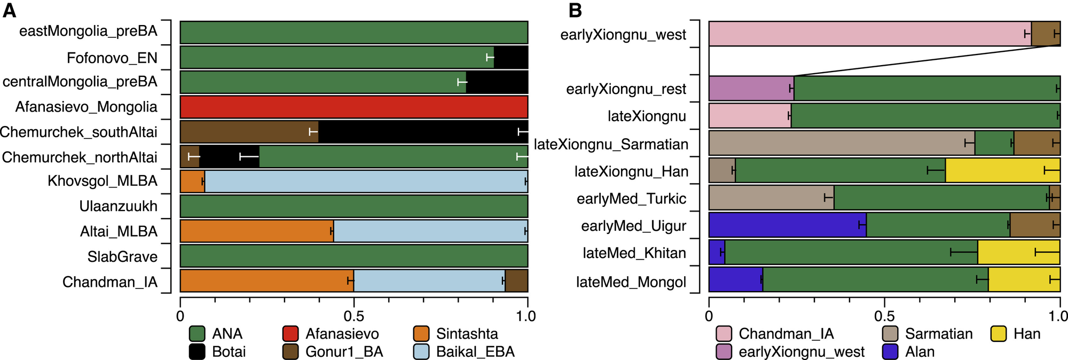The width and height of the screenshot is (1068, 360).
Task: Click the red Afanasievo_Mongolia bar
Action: point(354,107)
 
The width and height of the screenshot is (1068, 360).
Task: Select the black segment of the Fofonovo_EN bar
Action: point(511,57)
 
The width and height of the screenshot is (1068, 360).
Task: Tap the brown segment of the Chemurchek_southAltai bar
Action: point(249,132)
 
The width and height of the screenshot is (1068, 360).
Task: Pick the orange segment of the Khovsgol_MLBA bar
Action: point(192,182)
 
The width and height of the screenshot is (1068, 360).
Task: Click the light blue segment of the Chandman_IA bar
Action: point(429,280)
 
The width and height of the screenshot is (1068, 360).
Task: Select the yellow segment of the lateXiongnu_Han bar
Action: point(1002,170)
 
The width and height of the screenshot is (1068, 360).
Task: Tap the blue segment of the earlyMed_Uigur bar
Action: point(787,225)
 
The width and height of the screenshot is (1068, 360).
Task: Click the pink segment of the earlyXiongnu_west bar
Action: point(870,34)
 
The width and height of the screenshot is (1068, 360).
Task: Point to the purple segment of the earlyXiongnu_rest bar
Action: point(751,88)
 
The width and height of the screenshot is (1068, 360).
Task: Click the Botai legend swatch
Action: point(198,352)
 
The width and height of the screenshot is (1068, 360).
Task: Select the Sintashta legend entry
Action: point(456,334)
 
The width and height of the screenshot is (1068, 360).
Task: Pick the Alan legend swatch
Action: point(890,352)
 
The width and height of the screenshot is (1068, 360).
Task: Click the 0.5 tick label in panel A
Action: point(354,316)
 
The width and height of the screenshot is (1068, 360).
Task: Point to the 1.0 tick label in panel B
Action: point(1058,316)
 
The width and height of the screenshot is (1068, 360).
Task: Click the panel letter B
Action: point(575,10)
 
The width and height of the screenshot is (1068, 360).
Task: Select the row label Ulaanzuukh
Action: point(119,206)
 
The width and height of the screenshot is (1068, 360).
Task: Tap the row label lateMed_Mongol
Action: point(631,282)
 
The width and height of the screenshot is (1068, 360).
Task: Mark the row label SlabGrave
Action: point(123,257)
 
